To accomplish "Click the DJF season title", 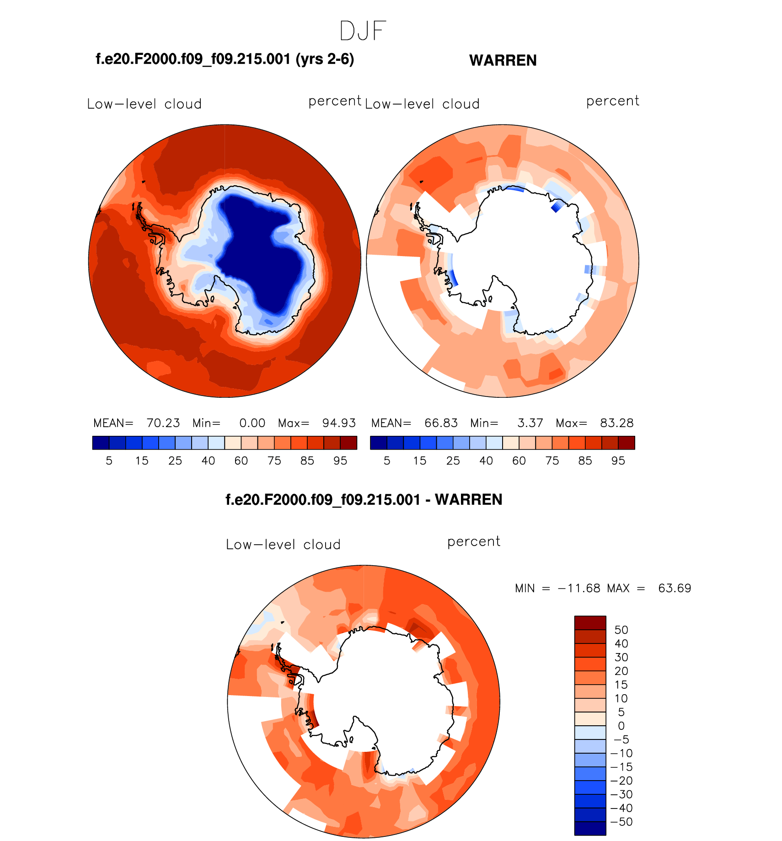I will pos(363,31).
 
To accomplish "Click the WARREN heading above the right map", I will pos(503,60).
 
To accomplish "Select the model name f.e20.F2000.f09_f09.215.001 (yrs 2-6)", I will pos(225,59).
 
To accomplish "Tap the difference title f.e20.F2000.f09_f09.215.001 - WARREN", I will pos(364,499).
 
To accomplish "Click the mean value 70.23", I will pos(163,423).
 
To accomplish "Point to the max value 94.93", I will pos(339,423).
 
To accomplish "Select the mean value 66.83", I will pos(441,423).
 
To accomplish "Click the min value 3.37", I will pos(530,423).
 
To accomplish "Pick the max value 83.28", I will pos(617,423).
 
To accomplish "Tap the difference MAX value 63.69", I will pos(675,588).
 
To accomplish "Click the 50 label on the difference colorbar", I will pos(621,630).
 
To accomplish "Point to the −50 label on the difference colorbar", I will pos(621,822).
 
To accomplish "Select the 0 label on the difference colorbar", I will pos(621,726).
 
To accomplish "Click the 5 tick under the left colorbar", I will pos(109,461).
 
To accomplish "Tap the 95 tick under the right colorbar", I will pos(618,461).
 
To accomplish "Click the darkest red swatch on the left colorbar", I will pos(348,443).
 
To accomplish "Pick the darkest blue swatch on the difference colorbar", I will pos(590,828).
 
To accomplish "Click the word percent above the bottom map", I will pos(474,541).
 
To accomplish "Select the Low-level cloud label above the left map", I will pos(145,104).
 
